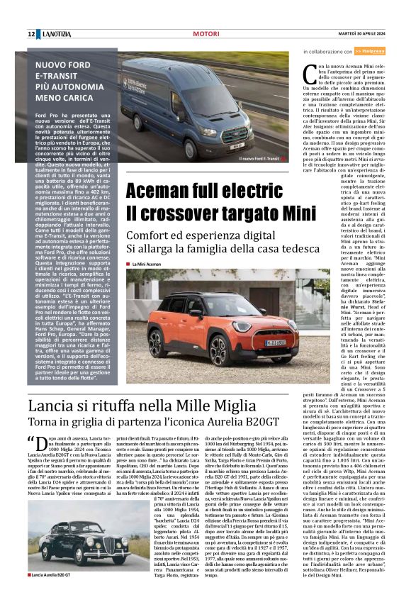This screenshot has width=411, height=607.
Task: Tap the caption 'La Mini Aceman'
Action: tap(147, 264)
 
